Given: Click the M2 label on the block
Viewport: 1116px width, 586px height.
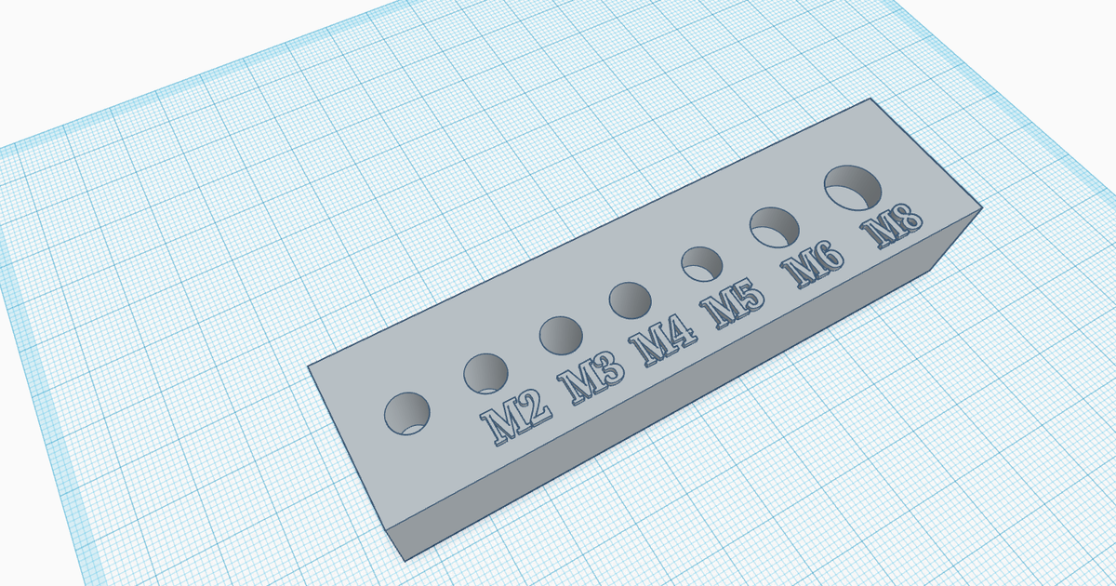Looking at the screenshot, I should (513, 419).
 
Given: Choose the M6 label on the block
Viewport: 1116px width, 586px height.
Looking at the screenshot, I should (816, 267).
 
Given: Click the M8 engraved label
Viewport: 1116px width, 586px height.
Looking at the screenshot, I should (892, 229).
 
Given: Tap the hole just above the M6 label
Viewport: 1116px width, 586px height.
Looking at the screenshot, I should (777, 226).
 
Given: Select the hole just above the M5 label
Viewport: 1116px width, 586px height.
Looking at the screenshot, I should (704, 263).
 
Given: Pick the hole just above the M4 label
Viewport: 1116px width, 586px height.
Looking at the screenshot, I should (631, 300).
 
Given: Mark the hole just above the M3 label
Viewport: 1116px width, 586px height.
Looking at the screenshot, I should (561, 336).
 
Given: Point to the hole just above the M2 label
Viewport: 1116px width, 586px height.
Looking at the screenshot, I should (487, 373).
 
